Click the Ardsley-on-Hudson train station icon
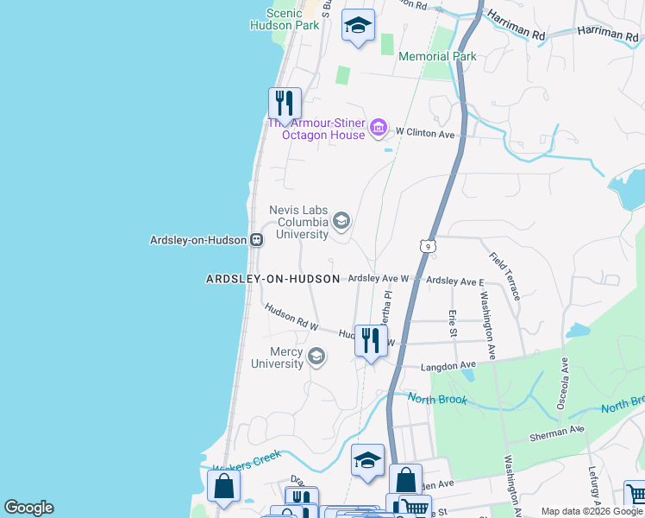click(x=256, y=240)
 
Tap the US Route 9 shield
click(x=427, y=246)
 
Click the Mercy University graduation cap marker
click(x=316, y=357)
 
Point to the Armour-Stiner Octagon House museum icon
click(x=377, y=129)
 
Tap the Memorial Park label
click(x=437, y=56)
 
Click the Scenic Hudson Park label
click(x=284, y=19)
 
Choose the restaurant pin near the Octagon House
click(x=284, y=104)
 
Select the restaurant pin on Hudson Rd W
click(x=371, y=339)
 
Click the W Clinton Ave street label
click(x=424, y=133)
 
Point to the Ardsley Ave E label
click(x=454, y=281)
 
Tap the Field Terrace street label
click(x=504, y=275)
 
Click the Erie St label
click(x=451, y=322)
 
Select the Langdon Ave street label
click(x=448, y=367)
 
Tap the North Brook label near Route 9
click(x=437, y=399)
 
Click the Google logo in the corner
click(x=28, y=508)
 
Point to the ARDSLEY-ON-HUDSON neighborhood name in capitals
click(x=273, y=279)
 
